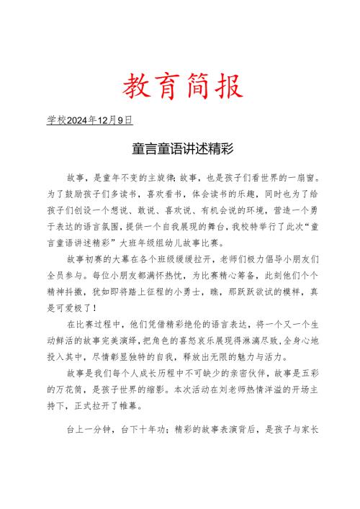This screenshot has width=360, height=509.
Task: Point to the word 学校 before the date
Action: [55, 120]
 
